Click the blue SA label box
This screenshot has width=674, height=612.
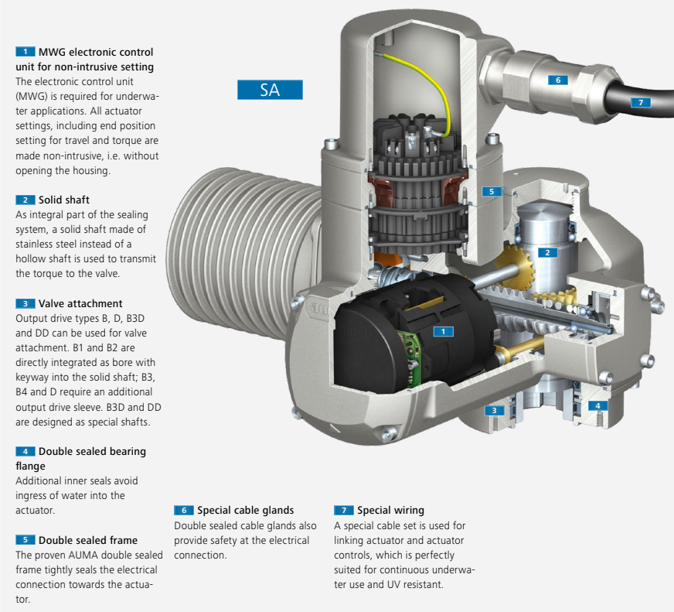click(270, 90)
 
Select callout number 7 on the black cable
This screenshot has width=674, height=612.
click(640, 102)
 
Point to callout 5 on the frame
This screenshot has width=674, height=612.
click(490, 190)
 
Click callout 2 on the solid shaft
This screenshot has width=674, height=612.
click(546, 252)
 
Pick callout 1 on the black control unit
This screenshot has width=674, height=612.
click(443, 331)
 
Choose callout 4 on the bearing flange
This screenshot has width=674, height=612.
click(597, 405)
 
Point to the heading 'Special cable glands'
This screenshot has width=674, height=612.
click(245, 511)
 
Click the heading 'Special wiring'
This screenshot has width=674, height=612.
click(390, 511)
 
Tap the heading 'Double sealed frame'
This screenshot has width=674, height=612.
click(88, 540)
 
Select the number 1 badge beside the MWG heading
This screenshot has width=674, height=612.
click(25, 52)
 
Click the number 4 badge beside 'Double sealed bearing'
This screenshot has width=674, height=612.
click(25, 451)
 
